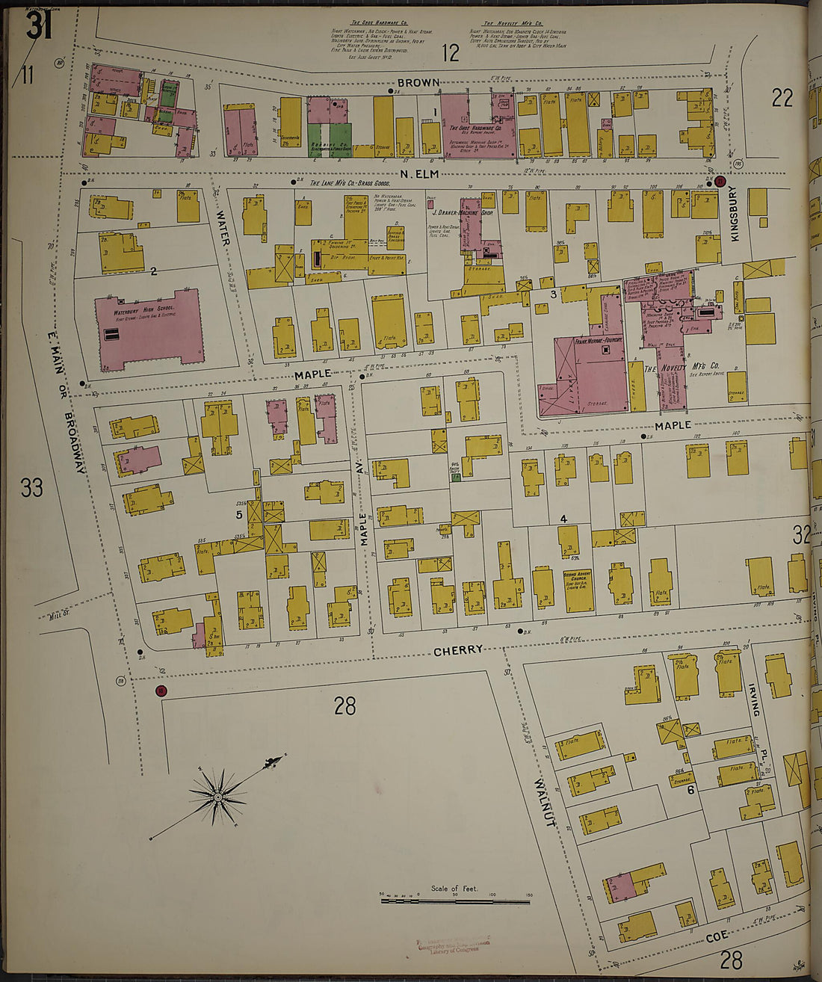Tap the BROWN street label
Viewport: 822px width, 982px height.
(418, 82)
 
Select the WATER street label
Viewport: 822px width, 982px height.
(221, 225)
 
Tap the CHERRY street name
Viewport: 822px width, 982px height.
(457, 650)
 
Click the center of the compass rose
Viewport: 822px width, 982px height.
(217, 797)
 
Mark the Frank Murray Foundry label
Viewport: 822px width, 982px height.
(600, 342)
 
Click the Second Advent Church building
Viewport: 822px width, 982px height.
(579, 590)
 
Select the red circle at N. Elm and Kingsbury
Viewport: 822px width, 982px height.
(720, 182)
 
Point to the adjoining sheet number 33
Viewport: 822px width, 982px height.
(31, 488)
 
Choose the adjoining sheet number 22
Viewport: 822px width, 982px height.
(782, 98)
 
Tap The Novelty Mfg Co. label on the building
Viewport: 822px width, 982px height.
(682, 366)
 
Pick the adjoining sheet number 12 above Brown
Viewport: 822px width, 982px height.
(450, 53)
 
